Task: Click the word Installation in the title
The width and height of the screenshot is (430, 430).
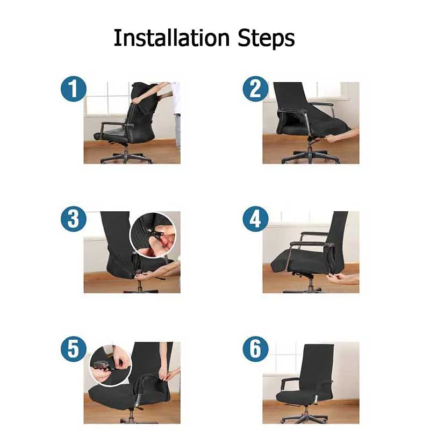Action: coord(171,38)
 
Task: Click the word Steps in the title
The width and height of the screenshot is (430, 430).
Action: coord(266,39)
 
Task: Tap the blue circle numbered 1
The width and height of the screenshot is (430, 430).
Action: coord(74,89)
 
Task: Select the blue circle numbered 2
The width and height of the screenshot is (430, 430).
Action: coord(256,89)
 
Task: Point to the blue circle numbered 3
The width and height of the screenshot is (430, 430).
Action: coord(74,219)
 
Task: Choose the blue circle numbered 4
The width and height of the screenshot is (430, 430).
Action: coord(256,219)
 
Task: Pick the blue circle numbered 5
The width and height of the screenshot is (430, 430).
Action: coord(74,349)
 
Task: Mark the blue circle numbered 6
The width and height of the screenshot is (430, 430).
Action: coord(256,349)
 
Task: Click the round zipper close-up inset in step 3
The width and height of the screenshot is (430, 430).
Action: coord(153,235)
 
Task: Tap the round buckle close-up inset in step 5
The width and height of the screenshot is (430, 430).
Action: coord(111,365)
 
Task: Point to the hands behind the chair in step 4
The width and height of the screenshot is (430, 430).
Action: coord(343,278)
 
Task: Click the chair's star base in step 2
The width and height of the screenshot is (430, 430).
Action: coord(311,157)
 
